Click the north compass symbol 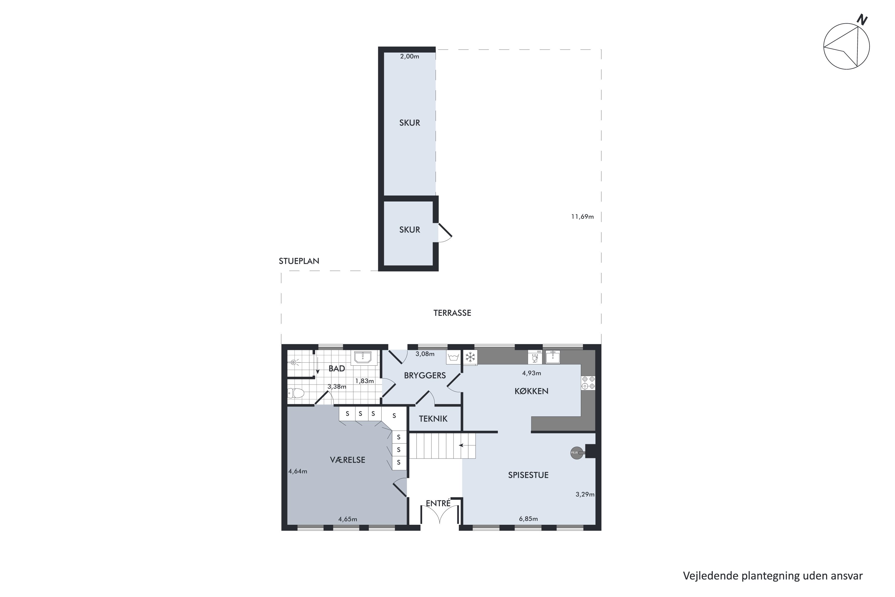point(846,46)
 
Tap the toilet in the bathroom point(296,393)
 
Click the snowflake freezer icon point(471,357)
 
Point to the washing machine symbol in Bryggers point(453,357)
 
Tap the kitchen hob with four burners point(588,383)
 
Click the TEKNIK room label point(433,419)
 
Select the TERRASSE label point(452,313)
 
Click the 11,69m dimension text point(582,217)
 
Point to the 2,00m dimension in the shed point(409,56)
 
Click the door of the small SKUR point(445,232)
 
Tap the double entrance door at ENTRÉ point(439,514)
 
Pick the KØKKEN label point(531,391)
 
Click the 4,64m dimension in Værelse point(297,471)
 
